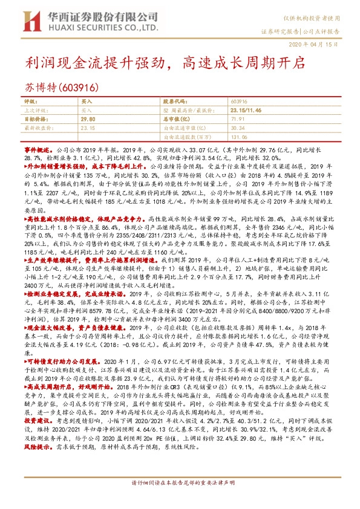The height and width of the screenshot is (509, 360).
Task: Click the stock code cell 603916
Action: [x=240, y=103]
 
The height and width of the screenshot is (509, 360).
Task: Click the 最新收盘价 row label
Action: [x=39, y=128]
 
